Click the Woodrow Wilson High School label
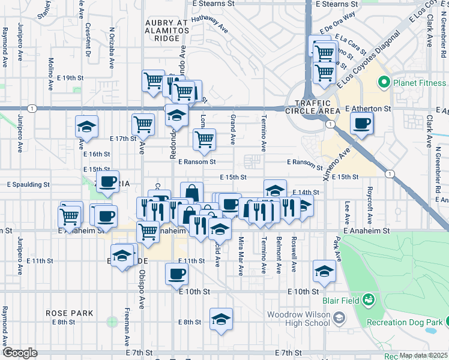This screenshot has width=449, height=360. click(298, 319)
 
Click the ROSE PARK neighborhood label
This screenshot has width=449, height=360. click(70, 313)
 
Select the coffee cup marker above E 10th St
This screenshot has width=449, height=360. click(176, 274)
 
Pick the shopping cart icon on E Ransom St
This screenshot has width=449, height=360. click(204, 140)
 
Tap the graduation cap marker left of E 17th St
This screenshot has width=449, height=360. click(86, 127)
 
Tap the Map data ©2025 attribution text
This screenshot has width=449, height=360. click(423, 356)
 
